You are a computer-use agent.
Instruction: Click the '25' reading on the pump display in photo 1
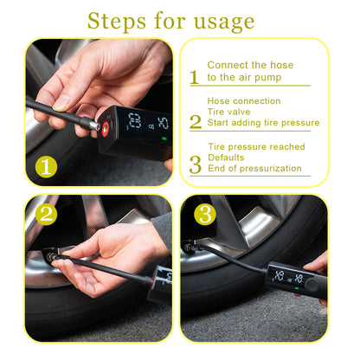[x=163, y=123]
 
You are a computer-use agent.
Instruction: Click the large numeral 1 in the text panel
[x=194, y=76]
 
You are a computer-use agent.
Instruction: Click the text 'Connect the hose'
[x=250, y=65]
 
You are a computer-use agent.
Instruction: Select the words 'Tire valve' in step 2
[x=228, y=112]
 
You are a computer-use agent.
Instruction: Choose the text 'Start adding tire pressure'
[x=263, y=123]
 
